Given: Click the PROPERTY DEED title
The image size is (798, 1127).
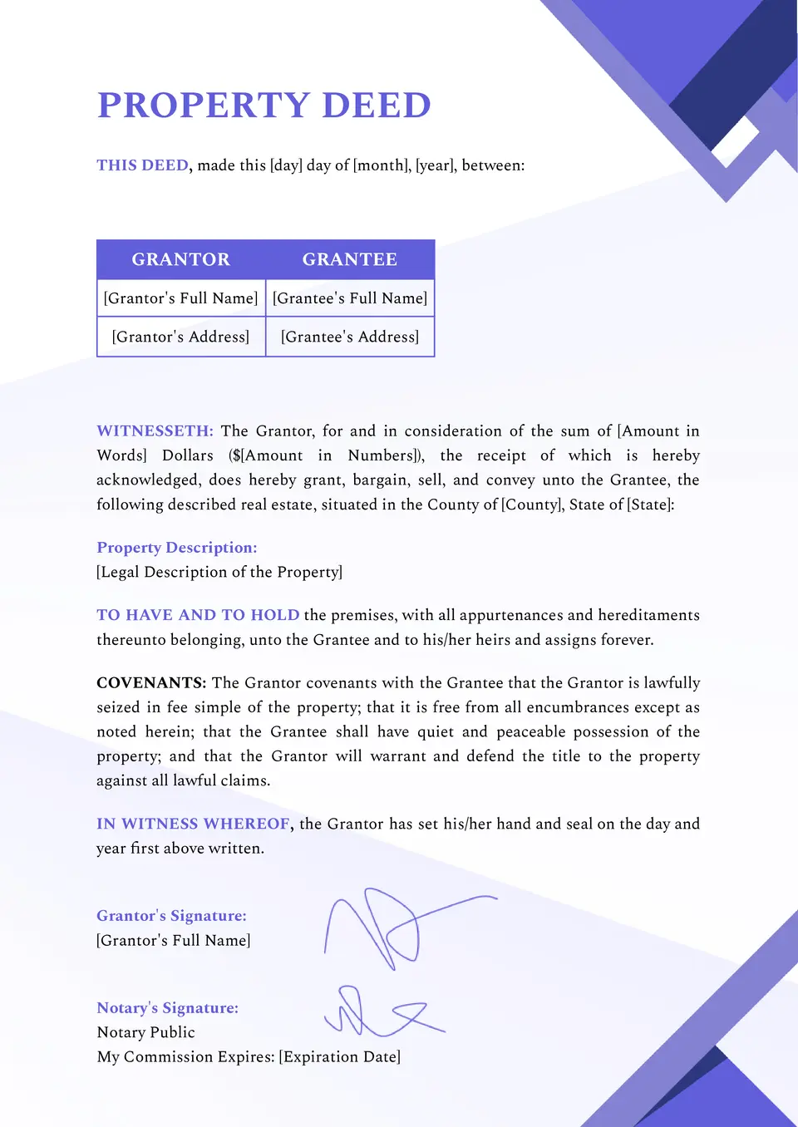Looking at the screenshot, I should pyautogui.click(x=264, y=106).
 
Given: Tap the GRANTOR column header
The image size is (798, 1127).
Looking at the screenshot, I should pyautogui.click(x=181, y=259).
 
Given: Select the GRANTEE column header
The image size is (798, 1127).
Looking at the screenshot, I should pyautogui.click(x=350, y=259).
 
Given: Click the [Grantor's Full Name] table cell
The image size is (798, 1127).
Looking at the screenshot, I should pyautogui.click(x=181, y=298).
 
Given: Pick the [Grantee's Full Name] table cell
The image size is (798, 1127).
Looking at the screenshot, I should pyautogui.click(x=350, y=298).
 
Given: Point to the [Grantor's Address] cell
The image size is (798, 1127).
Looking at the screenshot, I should pyautogui.click(x=181, y=337).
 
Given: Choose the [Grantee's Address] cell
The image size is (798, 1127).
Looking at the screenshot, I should pyautogui.click(x=350, y=337).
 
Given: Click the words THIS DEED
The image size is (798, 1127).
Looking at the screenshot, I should pyautogui.click(x=142, y=165).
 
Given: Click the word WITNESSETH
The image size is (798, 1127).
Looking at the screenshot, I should pyautogui.click(x=155, y=431).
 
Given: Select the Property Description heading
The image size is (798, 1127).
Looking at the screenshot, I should pyautogui.click(x=177, y=548).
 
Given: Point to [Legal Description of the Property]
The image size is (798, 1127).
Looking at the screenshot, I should pyautogui.click(x=219, y=572).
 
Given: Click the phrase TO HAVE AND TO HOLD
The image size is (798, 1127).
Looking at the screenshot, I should pyautogui.click(x=198, y=615).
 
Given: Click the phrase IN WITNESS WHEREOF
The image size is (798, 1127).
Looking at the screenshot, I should pyautogui.click(x=193, y=824).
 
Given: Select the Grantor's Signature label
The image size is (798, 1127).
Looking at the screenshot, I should pyautogui.click(x=171, y=916).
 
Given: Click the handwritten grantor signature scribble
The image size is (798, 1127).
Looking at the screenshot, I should pyautogui.click(x=391, y=927).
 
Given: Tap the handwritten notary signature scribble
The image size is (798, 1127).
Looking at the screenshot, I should pyautogui.click(x=374, y=1012).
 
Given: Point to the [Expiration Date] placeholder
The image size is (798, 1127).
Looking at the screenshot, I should pyautogui.click(x=340, y=1057).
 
